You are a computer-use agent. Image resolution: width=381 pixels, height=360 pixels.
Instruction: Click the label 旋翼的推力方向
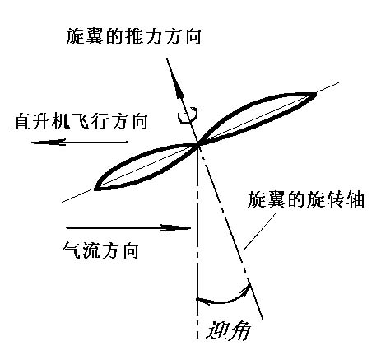coord(133,36)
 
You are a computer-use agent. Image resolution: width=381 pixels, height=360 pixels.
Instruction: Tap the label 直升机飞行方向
coord(80,121)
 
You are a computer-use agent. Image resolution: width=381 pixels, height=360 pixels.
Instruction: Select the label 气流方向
coord(100,250)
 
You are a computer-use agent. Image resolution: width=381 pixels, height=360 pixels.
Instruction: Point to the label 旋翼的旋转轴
coord(306,200)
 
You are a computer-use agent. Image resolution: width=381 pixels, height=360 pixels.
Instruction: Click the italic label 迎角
coord(229,330)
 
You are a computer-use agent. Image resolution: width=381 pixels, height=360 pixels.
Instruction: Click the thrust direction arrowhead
coord(179,89)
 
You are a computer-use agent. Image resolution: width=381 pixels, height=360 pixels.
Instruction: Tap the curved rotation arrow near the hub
coord(188,115)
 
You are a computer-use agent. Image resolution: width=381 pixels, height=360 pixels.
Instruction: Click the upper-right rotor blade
coord(257,117)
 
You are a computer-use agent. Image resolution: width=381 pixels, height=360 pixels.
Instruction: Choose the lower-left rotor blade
coord(146,167)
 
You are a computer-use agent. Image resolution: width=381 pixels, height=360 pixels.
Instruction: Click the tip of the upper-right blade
coord(316,94)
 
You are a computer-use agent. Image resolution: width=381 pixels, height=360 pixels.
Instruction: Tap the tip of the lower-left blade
coord(95,189)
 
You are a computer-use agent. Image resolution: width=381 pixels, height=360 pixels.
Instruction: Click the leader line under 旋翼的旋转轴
coord(259,232)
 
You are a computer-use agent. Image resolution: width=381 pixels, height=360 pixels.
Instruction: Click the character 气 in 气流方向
coord(72,250)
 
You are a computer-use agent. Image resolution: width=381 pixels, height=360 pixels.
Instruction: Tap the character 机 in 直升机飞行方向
coord(61,121)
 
